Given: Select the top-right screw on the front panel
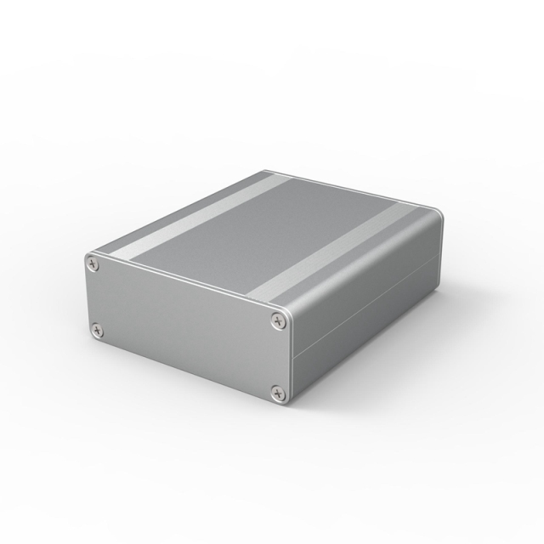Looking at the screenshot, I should tap(278, 320).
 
